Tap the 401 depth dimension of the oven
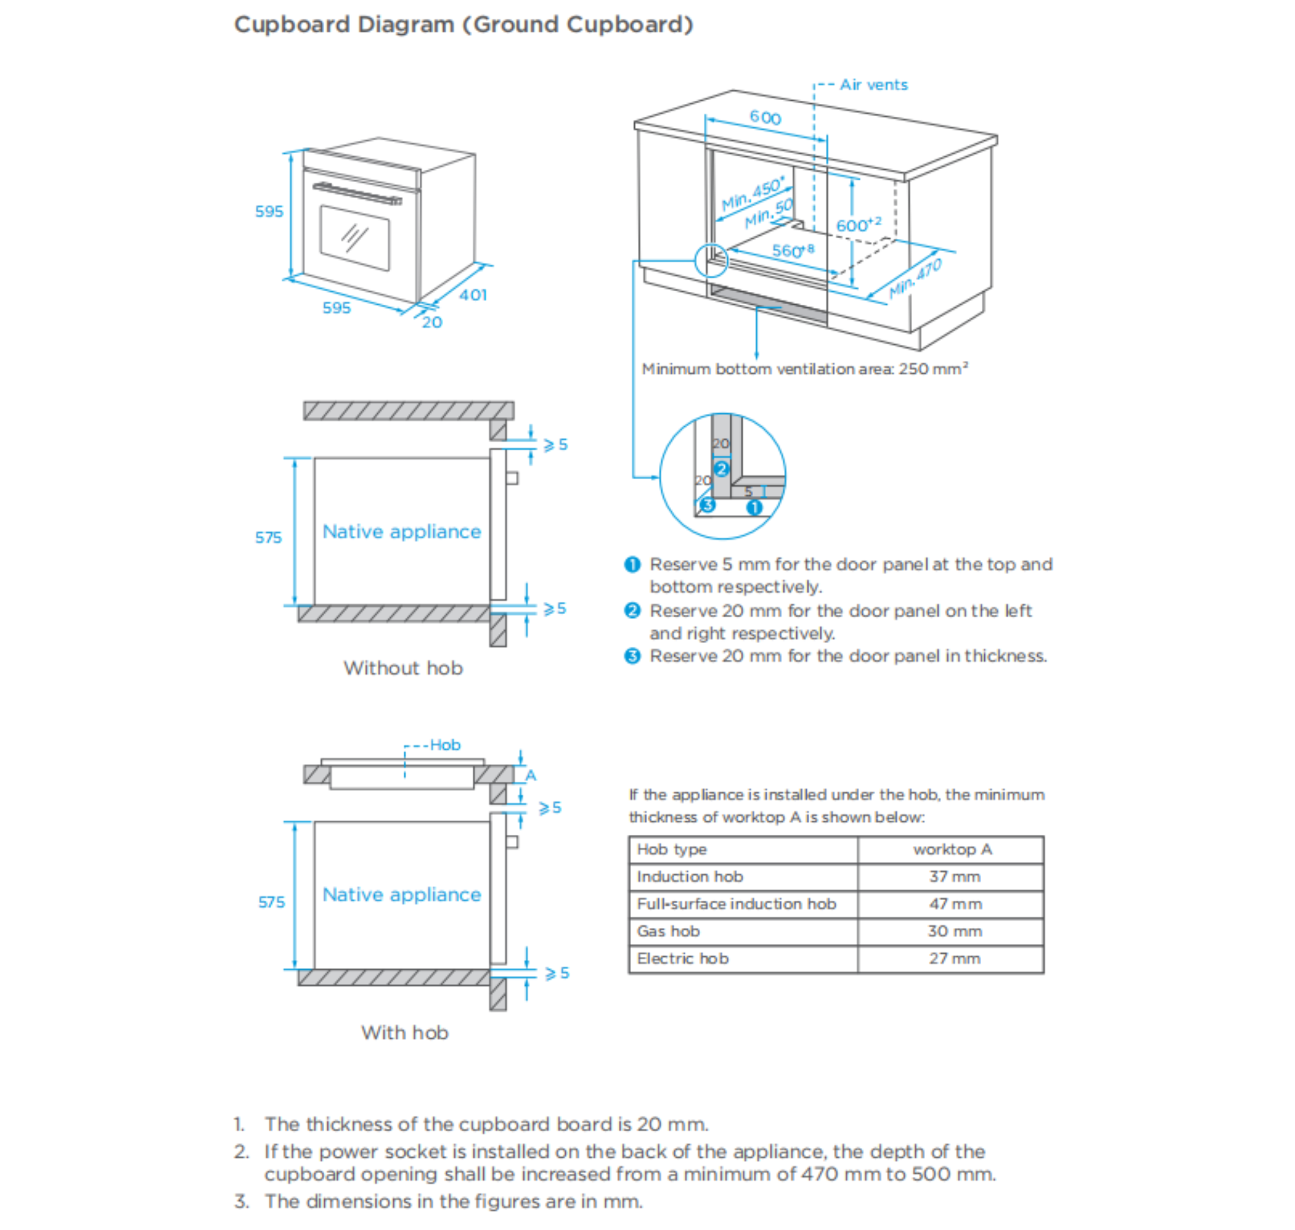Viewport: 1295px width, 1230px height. pos(473,295)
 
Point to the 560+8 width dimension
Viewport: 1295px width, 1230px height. pos(792,251)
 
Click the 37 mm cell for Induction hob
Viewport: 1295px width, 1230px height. pos(954,877)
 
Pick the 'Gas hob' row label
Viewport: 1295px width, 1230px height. pos(668,931)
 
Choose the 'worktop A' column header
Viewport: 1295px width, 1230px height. pos(952,850)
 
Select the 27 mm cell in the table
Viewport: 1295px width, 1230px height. pos(954,959)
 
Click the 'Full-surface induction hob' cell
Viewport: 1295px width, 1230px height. pos(736,904)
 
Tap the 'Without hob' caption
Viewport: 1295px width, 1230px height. pos(403,668)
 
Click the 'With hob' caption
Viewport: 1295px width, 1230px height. pos(404,1032)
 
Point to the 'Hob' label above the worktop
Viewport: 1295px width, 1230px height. pos(445,745)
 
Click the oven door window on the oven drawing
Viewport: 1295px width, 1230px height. pos(354,238)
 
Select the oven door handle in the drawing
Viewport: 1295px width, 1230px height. pos(357,194)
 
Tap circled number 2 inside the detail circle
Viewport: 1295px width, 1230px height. pos(721,469)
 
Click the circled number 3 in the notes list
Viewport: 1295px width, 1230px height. pos(632,656)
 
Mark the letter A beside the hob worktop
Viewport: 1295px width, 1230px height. pos(530,775)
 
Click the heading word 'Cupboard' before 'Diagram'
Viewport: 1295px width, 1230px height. pos(292,25)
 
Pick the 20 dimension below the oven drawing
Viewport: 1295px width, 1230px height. pos(431,322)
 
